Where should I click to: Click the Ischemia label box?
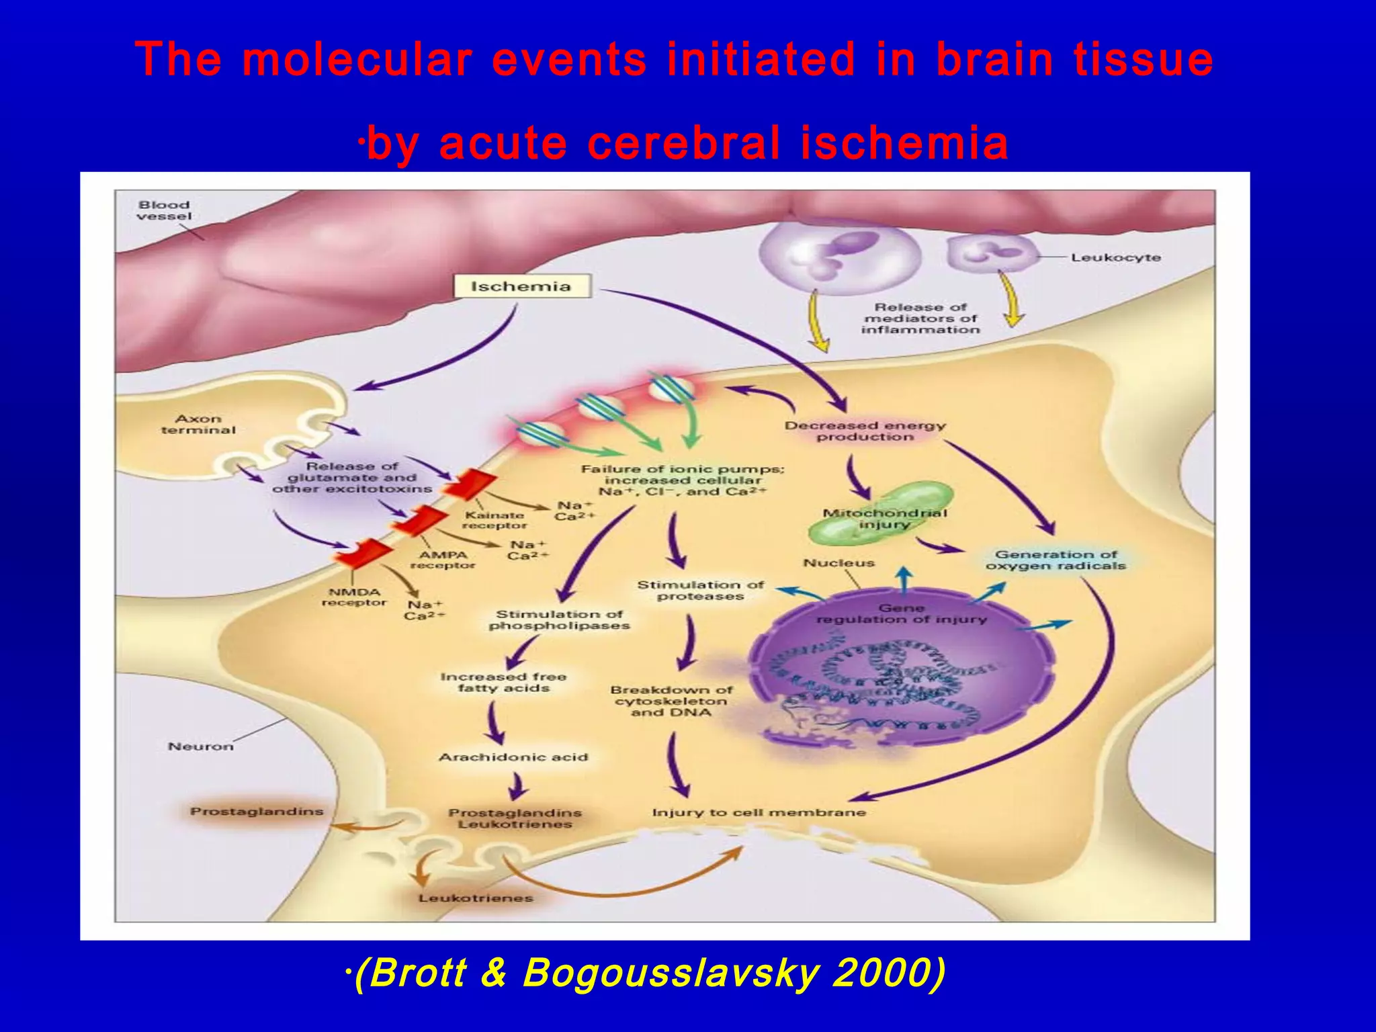521,286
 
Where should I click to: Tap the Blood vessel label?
164,210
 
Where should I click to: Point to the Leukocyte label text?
1115,257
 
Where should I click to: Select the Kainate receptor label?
494,520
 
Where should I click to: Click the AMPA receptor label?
443,560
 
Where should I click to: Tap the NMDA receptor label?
354,597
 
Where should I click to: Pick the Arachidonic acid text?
513,757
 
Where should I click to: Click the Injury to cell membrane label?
759,812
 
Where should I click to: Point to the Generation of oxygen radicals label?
1056,560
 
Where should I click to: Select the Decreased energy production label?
865,431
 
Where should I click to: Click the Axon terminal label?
198,424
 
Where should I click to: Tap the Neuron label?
200,746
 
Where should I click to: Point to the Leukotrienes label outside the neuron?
476,898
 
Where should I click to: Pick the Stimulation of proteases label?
700,591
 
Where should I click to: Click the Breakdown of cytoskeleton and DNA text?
671,701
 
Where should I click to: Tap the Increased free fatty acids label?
503,682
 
